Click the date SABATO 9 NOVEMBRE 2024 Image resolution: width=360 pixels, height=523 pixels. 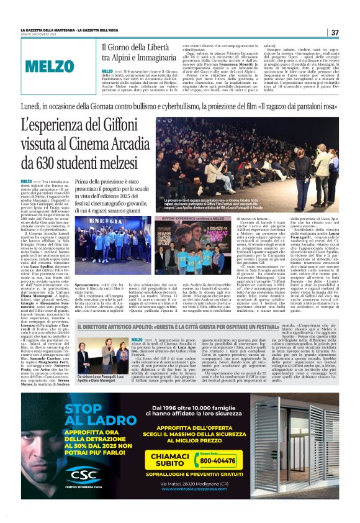point(42,35)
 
